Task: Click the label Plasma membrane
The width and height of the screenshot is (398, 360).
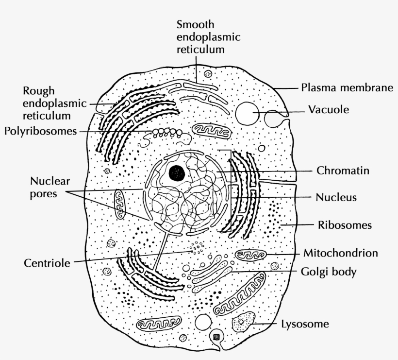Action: pos(346,88)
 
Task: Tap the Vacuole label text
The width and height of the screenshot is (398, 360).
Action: pos(329,110)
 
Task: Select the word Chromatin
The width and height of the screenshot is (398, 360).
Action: pos(343,171)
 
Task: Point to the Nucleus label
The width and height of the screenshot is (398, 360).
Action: pos(336,197)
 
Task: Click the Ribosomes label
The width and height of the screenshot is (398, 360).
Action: pos(345,225)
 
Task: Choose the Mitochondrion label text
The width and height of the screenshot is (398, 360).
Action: pos(340,253)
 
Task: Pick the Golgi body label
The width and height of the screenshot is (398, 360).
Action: pos(329,272)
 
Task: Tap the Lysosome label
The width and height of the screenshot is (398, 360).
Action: pos(305,324)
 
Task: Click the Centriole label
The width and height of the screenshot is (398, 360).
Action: pos(47,263)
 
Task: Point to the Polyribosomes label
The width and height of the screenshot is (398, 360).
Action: pos(40,131)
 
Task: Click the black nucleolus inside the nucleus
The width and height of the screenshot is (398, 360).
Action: pos(176,171)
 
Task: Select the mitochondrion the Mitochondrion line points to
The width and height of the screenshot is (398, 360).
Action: pos(250,255)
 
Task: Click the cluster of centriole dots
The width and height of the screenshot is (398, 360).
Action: pos(198,248)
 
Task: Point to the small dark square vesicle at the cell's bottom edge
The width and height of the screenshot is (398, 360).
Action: pos(216,336)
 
